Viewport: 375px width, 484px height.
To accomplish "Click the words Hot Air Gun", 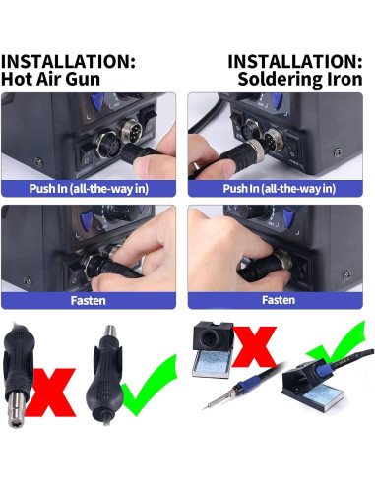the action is click(x=50, y=79).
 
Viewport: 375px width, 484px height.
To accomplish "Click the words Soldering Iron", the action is click(x=300, y=79).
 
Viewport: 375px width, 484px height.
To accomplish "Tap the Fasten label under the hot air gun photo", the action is click(x=89, y=300).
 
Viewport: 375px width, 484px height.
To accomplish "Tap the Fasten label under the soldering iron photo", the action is click(x=279, y=300).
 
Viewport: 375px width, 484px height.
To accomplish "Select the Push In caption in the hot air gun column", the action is click(x=89, y=189).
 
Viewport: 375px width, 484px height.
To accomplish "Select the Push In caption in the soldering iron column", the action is click(x=280, y=189).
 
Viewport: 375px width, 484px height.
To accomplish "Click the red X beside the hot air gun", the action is click(x=51, y=393).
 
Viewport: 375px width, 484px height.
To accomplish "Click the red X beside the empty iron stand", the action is click(x=254, y=347).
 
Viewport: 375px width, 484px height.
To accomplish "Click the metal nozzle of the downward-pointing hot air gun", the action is click(x=16, y=409).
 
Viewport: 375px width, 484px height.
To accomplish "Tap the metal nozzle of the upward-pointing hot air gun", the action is click(x=110, y=332).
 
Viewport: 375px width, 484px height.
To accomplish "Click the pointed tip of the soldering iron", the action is click(x=203, y=408).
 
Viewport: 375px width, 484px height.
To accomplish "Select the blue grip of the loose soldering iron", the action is click(x=248, y=385).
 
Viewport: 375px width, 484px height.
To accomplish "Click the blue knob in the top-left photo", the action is click(x=97, y=101).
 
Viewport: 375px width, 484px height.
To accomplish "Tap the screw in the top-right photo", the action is click(x=338, y=152).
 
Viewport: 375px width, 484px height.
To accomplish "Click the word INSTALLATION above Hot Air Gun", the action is click(x=68, y=61).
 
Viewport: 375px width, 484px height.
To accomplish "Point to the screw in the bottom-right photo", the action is click(x=346, y=275).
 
